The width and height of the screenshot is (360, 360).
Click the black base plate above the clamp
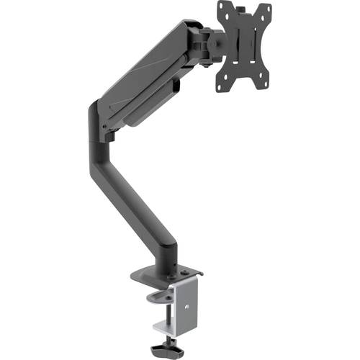click(166, 275)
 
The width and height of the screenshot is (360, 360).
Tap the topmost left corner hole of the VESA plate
click(221, 9)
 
